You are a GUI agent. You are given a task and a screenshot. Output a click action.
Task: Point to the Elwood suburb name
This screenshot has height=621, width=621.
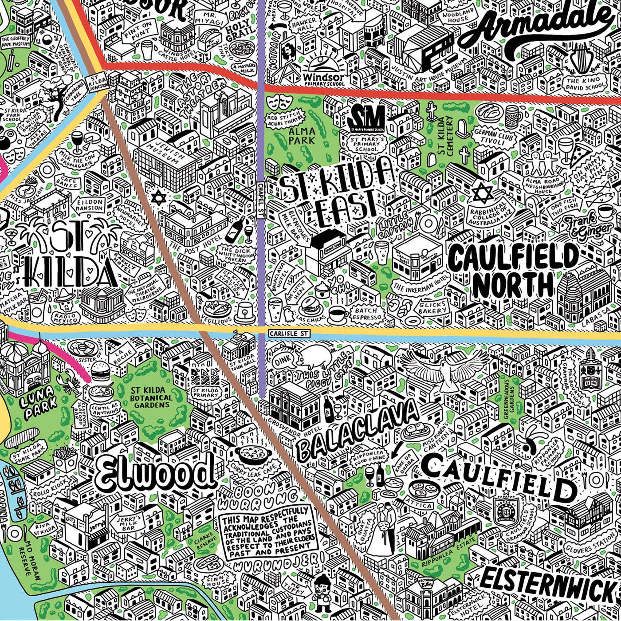[x=155, y=473]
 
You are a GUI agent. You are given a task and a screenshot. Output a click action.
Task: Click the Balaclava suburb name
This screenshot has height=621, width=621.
[x=357, y=429]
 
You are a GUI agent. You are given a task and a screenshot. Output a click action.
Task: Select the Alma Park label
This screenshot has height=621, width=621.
[x=302, y=136]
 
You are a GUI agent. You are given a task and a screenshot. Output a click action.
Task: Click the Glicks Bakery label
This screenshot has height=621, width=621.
[x=432, y=307]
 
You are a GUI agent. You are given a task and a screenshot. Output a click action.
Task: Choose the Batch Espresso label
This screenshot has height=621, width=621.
[x=367, y=314]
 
